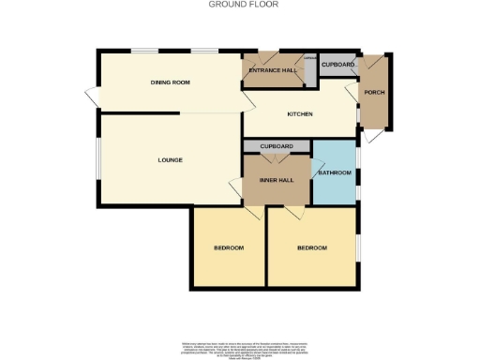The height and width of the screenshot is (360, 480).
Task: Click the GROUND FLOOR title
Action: point(239,5)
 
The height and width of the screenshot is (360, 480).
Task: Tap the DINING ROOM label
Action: point(171,82)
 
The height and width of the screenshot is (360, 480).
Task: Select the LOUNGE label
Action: point(170,159)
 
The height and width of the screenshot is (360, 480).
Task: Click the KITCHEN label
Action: point(299,114)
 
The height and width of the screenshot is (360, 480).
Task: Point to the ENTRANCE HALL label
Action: point(272,71)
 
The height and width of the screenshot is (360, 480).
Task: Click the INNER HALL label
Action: point(277,180)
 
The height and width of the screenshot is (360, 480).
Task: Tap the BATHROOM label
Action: point(335,173)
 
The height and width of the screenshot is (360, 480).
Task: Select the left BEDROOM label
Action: point(229,247)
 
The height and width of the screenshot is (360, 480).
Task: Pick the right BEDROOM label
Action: point(312,247)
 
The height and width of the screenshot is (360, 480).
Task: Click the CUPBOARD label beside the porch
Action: point(337,65)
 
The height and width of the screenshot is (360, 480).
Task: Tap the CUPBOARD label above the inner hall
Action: point(277,146)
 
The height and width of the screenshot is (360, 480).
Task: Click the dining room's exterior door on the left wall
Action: point(92,97)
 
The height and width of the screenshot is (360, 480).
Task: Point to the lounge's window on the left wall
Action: point(98,159)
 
